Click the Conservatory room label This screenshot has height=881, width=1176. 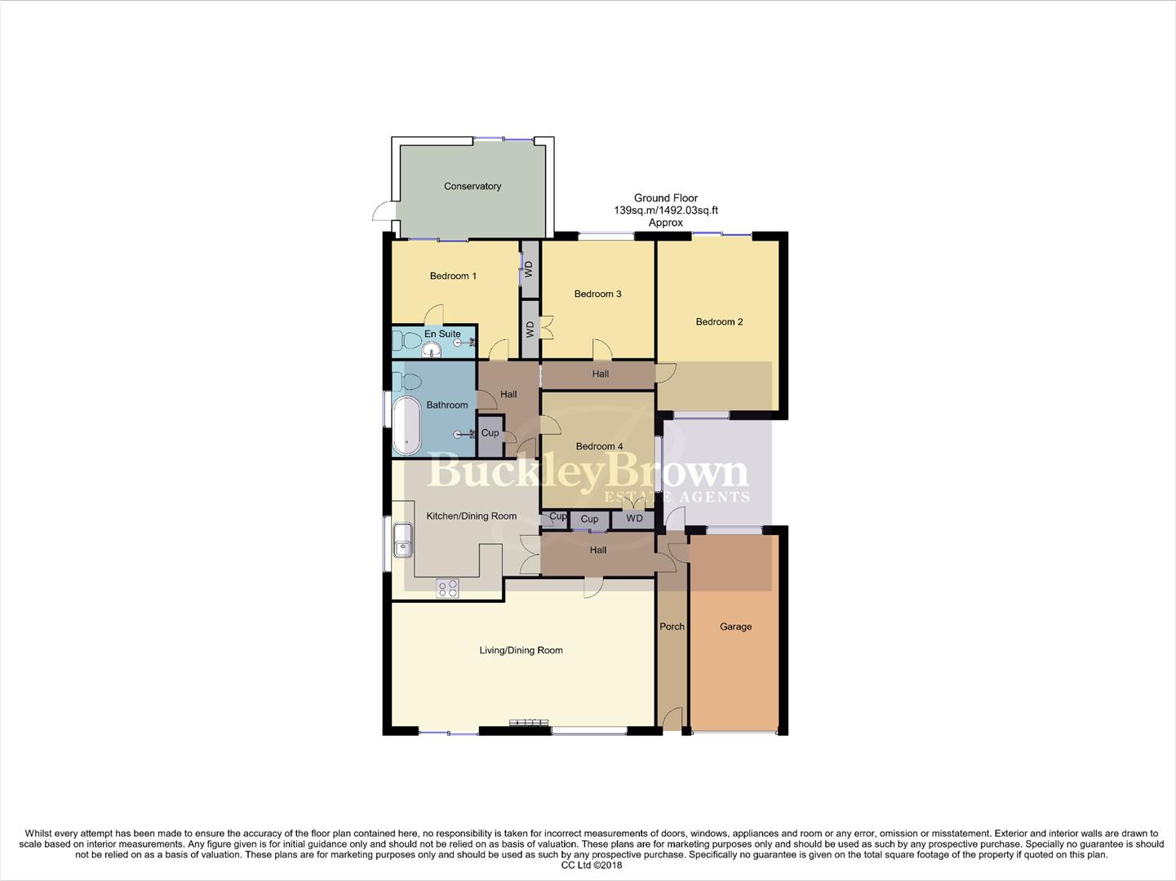[x=472, y=186]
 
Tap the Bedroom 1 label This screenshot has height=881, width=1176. [x=453, y=276]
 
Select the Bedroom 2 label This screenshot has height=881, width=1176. [x=719, y=321]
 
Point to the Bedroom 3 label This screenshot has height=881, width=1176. [x=597, y=294]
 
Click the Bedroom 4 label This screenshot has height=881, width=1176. [x=599, y=446]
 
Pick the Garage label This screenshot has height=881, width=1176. [x=735, y=626]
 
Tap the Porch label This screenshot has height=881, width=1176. [x=672, y=626]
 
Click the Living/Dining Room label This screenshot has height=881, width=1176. [x=521, y=650]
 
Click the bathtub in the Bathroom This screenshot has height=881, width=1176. [x=406, y=425]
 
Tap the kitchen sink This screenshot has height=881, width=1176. [x=402, y=540]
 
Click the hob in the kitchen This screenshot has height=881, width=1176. [x=447, y=588]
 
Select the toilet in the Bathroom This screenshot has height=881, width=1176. [x=408, y=381]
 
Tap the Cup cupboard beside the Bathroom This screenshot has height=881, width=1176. [x=490, y=433]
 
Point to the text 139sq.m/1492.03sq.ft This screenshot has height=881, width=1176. [x=665, y=210]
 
